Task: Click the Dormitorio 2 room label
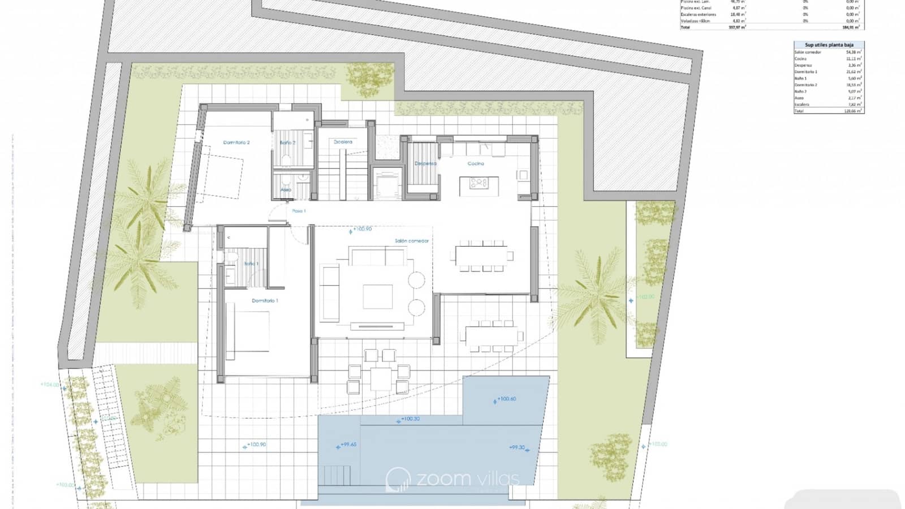pyautogui.click(x=236, y=143)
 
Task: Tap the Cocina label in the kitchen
pyautogui.click(x=476, y=163)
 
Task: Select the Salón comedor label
pyautogui.click(x=412, y=241)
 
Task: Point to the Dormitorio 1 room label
pyautogui.click(x=265, y=301)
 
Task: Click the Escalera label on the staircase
pyautogui.click(x=343, y=142)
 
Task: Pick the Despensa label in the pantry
pyautogui.click(x=425, y=163)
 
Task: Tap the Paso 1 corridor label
pyautogui.click(x=299, y=211)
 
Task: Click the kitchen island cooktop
pyautogui.click(x=479, y=183)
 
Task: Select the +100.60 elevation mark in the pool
pyautogui.click(x=506, y=399)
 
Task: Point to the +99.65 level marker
pyautogui.click(x=348, y=445)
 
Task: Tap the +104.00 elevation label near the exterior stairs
pyautogui.click(x=50, y=385)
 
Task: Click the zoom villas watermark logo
pyautogui.click(x=453, y=479)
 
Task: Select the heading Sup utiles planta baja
pyautogui.click(x=829, y=45)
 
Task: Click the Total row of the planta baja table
pyautogui.click(x=829, y=111)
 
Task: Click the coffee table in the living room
pyautogui.click(x=378, y=296)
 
